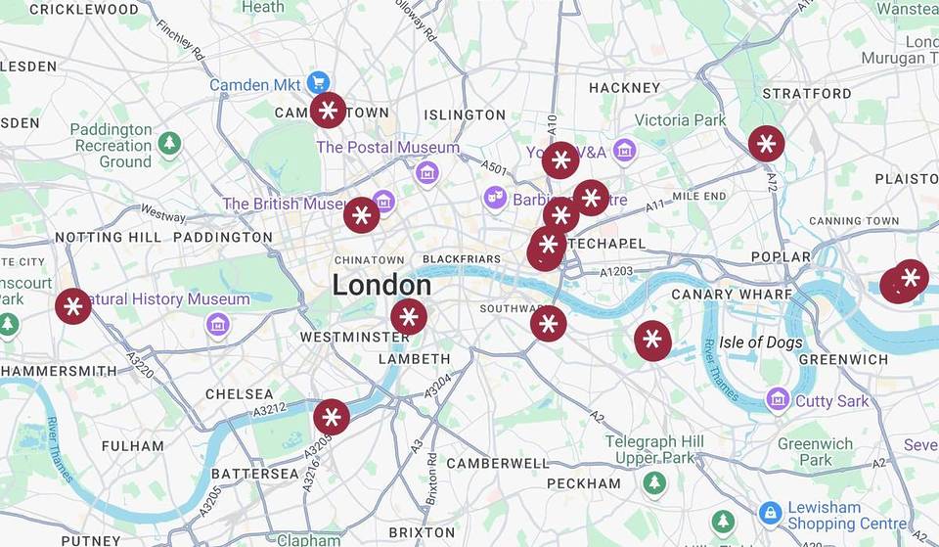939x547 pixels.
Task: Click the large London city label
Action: tap(381, 285)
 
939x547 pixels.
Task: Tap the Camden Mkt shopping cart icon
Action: tap(317, 83)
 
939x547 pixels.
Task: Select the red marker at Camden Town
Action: tap(329, 111)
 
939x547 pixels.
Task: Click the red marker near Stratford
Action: tap(767, 144)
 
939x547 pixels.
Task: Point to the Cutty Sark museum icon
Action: tap(778, 399)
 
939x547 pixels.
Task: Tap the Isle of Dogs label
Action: tap(760, 342)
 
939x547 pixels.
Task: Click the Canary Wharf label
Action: tap(732, 294)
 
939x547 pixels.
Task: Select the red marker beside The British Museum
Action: tap(361, 214)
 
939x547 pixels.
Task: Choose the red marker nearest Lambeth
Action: tap(409, 317)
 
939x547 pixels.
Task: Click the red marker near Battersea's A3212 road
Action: tap(332, 418)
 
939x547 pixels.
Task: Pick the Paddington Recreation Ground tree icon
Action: tap(170, 143)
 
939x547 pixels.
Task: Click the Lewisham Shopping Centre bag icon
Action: tap(771, 512)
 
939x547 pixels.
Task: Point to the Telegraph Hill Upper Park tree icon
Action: tap(653, 481)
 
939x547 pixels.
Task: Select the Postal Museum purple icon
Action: tap(425, 172)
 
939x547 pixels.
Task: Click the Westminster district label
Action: tap(354, 337)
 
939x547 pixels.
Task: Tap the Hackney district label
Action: tap(624, 88)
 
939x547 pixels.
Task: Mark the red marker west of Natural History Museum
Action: tap(72, 306)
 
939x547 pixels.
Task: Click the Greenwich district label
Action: tap(842, 359)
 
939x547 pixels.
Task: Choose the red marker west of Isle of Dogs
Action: tap(652, 341)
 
